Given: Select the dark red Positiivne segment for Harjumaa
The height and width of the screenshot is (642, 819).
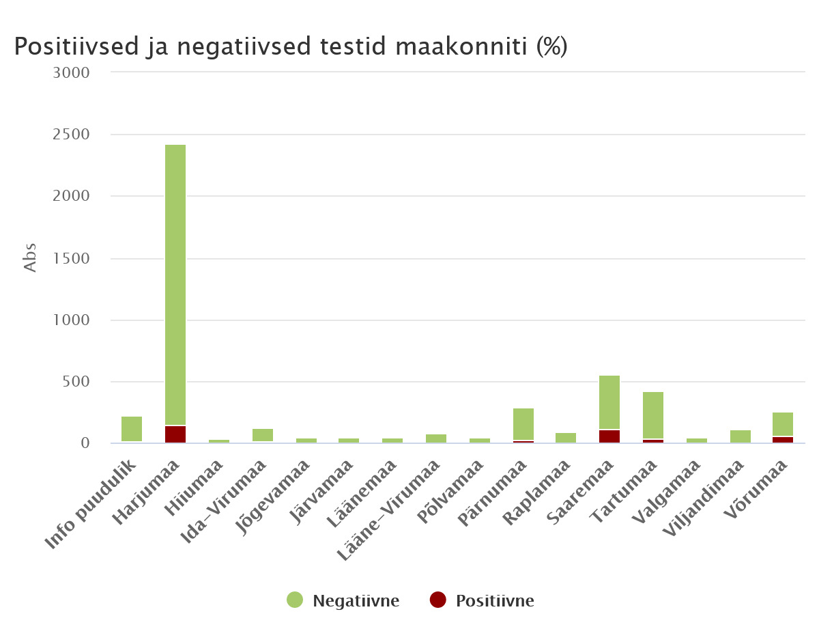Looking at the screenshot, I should [x=175, y=434].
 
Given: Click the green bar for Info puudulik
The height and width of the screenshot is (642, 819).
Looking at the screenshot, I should [x=132, y=428].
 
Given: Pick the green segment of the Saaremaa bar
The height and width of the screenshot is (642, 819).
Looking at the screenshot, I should [x=609, y=402].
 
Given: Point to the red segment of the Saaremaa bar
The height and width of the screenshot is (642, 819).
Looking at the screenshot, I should [x=609, y=436].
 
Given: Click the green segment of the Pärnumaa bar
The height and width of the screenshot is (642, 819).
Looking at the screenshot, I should [x=523, y=423].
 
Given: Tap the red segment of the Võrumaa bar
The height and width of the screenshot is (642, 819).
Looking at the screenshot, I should [x=783, y=439].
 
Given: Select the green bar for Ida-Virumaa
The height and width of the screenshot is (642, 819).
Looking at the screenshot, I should [x=263, y=434].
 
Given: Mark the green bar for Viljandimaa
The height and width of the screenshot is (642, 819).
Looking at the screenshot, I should [x=741, y=436].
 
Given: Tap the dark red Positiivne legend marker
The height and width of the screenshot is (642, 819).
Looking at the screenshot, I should [x=437, y=600].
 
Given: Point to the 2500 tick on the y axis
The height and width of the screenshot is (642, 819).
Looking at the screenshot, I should [x=71, y=135].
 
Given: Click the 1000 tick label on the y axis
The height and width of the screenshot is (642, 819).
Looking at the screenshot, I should [x=71, y=320].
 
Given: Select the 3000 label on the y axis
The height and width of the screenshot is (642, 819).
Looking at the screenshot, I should [x=71, y=72].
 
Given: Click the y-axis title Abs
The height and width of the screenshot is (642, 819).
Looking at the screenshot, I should [x=30, y=258].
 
